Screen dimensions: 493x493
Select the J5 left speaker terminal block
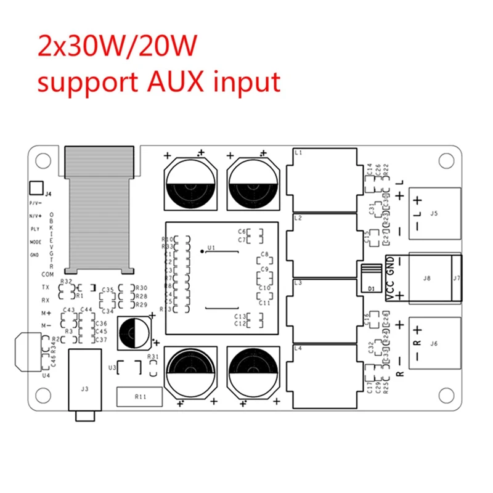click(x=434, y=214)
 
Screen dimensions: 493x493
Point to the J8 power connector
click(x=426, y=278)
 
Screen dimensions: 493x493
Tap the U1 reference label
click(x=210, y=248)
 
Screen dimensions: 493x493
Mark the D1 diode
click(x=371, y=279)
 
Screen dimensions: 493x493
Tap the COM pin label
click(x=47, y=274)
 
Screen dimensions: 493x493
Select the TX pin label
click(x=46, y=287)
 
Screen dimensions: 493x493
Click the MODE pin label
click(x=35, y=242)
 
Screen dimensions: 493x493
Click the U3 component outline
click(x=129, y=368)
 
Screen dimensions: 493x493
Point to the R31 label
click(x=153, y=357)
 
